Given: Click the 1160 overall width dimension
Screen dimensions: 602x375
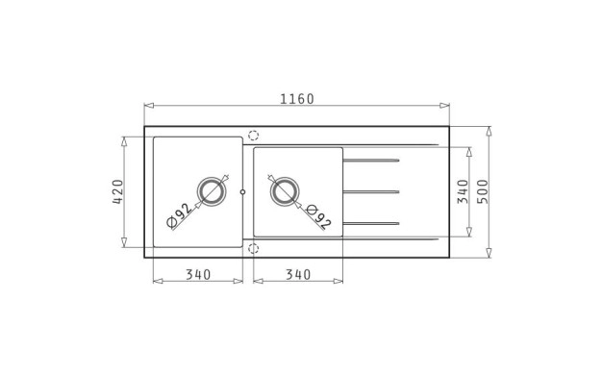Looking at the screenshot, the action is click(x=297, y=99).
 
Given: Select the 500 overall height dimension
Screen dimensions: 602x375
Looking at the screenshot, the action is click(x=482, y=191).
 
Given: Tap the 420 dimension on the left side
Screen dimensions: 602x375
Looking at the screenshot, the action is click(x=118, y=191).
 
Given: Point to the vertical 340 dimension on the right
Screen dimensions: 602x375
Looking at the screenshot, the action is click(x=463, y=191).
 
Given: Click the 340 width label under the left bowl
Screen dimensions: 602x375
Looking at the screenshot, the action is click(x=198, y=274).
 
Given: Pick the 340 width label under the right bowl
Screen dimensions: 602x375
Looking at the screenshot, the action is click(x=298, y=274).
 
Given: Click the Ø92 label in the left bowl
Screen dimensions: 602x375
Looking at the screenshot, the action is click(x=179, y=215).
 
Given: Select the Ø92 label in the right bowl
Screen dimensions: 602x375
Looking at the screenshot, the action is click(x=318, y=217).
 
